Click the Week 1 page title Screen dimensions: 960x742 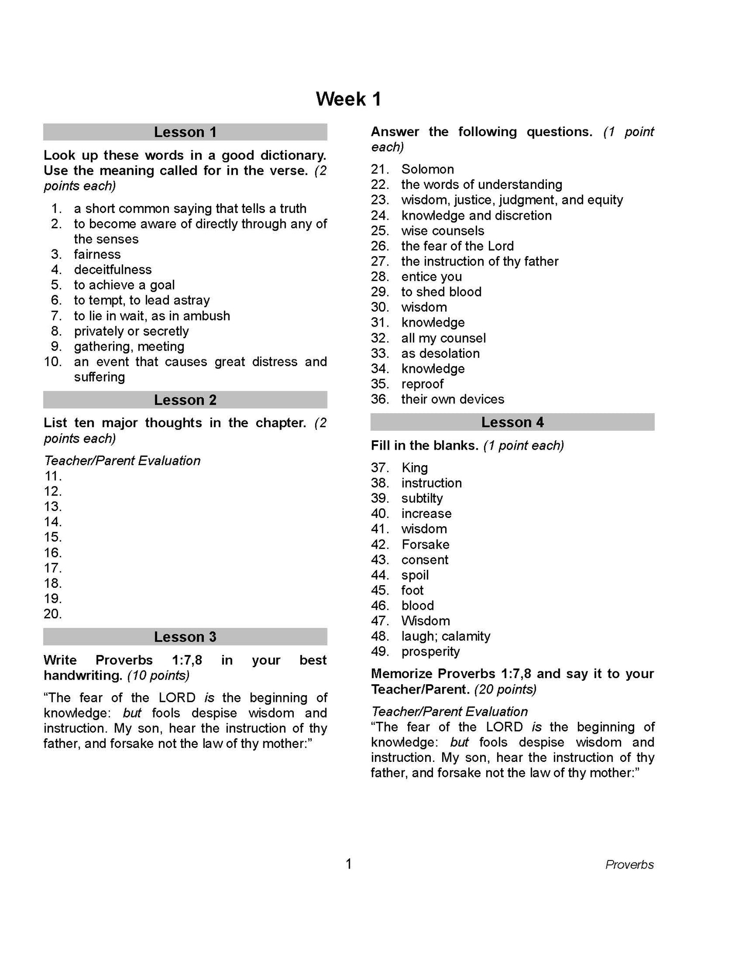coord(348,99)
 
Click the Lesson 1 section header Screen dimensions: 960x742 coord(185,132)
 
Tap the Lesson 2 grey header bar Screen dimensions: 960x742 coord(185,400)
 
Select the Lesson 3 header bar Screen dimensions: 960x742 coord(185,637)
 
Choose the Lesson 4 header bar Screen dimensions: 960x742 coord(512,422)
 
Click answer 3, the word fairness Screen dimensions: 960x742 coord(97,254)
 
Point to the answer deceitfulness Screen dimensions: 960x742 coord(112,270)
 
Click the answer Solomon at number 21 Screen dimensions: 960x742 coord(427,169)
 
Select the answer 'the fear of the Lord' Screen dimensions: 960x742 coord(457,246)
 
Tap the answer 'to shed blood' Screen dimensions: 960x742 coord(441,292)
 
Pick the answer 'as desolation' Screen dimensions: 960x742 coord(440,353)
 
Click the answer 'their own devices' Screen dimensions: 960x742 coord(452,399)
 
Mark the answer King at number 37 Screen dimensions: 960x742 coord(414,468)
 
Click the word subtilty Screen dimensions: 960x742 coord(422,498)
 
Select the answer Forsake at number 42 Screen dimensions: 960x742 coord(425,544)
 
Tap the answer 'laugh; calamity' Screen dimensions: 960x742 coord(446,636)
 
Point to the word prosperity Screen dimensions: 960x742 coord(430,651)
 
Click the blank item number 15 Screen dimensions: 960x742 coord(53,537)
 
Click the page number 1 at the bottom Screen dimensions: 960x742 coord(349,864)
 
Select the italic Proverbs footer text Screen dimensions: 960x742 coord(629,865)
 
